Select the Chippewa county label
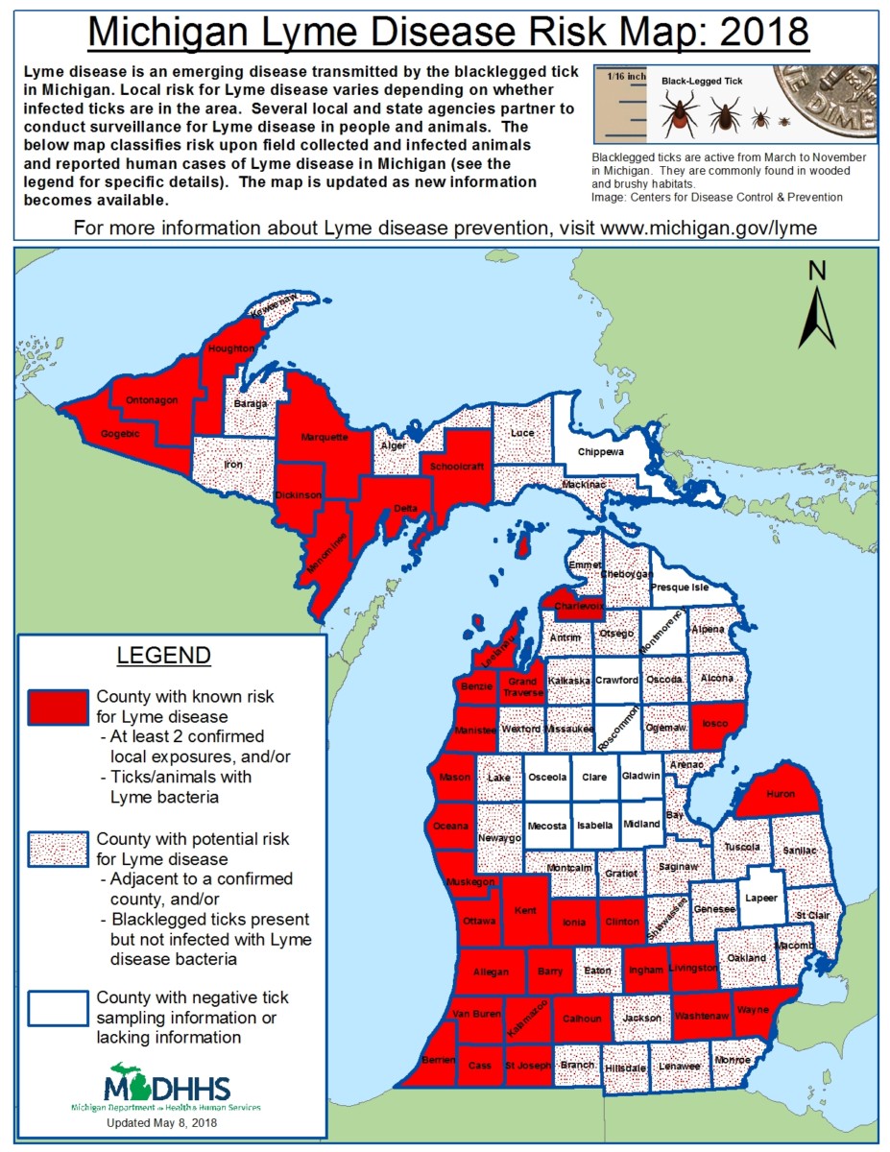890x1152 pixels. click(x=600, y=451)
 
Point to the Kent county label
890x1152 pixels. click(x=526, y=910)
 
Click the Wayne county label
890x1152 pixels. click(x=753, y=1010)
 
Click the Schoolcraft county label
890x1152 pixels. click(x=457, y=466)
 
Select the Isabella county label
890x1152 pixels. click(x=594, y=825)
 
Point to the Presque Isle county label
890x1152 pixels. click(x=680, y=587)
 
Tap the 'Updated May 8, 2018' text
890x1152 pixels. click(x=162, y=1121)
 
